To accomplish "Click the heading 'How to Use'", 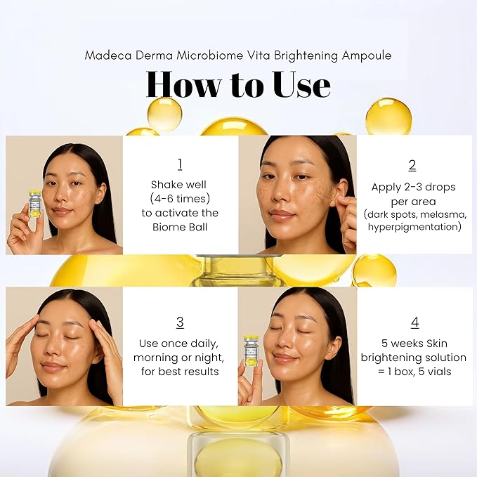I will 238,84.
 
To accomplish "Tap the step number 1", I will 180,164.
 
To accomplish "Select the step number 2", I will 412,165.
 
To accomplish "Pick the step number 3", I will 180,322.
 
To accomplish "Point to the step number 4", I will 414,322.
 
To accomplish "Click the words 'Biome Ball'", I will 181,227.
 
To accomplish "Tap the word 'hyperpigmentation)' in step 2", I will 412,227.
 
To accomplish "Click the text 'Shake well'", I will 181,185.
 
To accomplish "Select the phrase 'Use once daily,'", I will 181,344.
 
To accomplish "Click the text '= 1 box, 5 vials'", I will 414,372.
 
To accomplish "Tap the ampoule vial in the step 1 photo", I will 34,203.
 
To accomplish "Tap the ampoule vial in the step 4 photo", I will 251,350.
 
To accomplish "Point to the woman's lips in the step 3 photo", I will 53,366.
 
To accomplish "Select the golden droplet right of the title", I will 388,117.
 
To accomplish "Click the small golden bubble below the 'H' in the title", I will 164,114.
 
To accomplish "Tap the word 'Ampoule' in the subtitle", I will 368,55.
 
